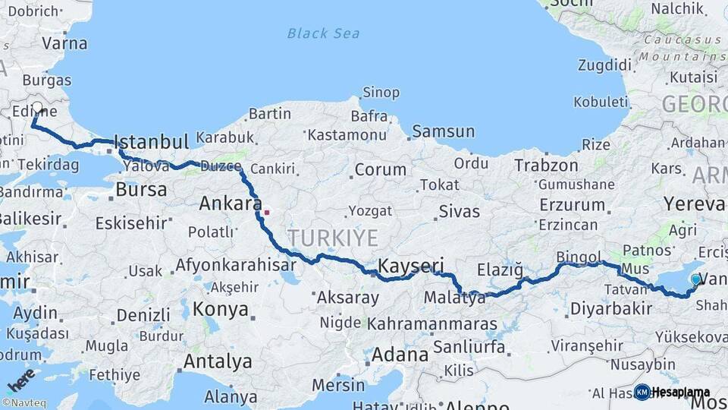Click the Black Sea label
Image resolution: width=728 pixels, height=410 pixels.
pos(323,33)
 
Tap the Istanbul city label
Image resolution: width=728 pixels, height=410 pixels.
pos(151,142)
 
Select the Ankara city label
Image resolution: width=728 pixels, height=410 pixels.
pos(231,203)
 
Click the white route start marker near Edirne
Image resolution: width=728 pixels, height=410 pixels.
pos(37,108)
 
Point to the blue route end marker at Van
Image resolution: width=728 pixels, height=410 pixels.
pos(695,279)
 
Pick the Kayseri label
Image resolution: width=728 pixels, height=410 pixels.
pos(410,266)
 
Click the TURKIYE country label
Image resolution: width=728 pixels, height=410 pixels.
pos(332,238)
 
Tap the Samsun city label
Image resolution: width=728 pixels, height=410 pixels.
pos(443,132)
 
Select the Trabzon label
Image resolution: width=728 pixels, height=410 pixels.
pos(546,165)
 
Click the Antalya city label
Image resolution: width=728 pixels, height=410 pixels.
pos(218,361)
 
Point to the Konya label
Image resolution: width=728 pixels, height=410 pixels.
pos(221,309)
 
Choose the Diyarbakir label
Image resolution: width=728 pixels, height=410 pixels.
pos(610,308)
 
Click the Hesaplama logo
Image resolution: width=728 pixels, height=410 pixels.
pos(672,392)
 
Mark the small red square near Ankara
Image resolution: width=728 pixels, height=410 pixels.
pos(266,212)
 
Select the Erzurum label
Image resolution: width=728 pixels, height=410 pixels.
pos(571,205)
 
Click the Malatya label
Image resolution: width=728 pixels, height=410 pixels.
pos(455,298)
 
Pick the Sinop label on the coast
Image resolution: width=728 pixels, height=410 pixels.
pos(381,93)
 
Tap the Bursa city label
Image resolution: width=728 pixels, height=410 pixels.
pos(141,189)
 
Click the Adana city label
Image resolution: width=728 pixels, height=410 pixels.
pos(400,354)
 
